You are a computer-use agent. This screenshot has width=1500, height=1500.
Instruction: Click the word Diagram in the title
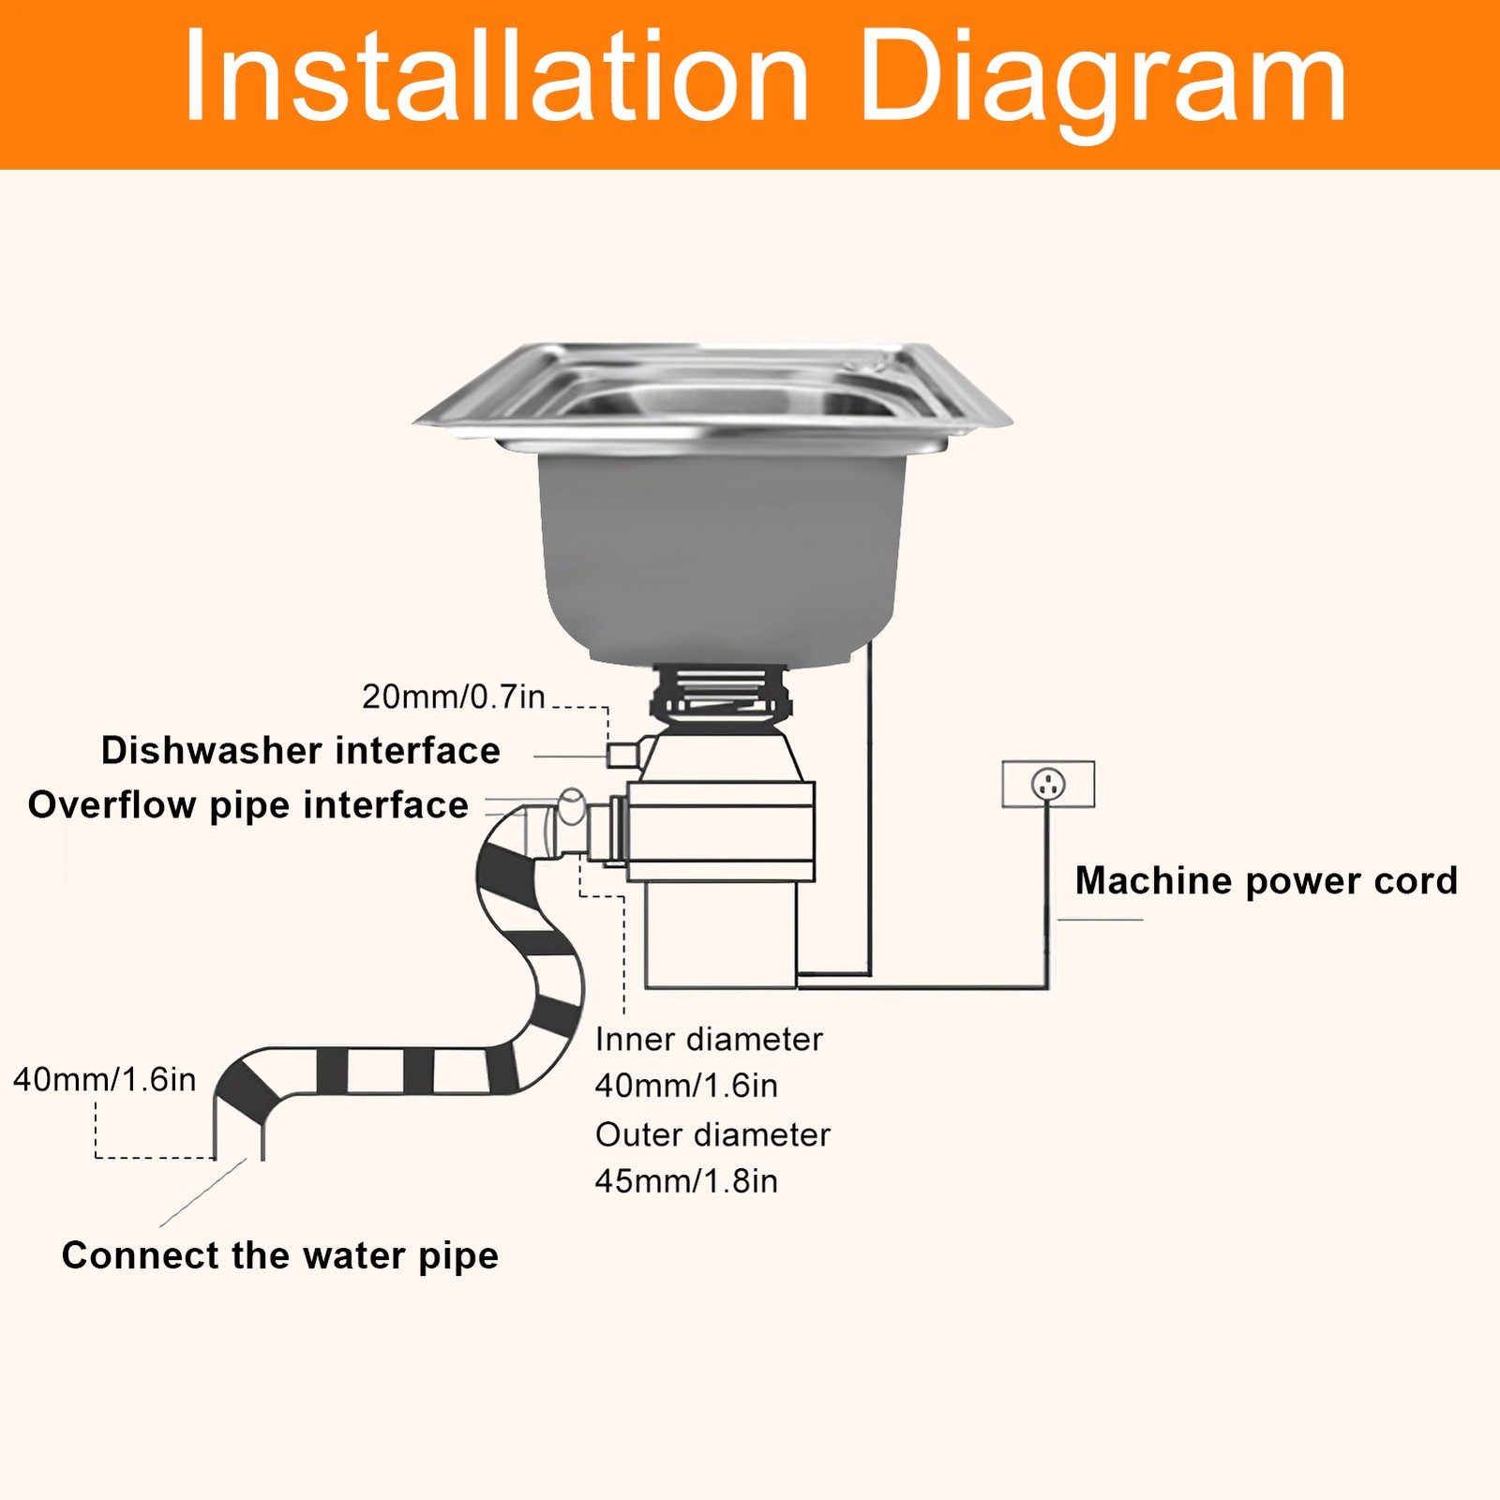pos(1102,80)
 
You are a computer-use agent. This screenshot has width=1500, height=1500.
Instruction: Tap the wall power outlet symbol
pos(1048,784)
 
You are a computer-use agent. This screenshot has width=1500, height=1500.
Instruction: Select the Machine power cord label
pos(1266,881)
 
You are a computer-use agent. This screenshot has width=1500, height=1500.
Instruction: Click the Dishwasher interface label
pos(301,751)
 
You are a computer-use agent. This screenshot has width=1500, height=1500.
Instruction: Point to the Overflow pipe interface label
pos(248,805)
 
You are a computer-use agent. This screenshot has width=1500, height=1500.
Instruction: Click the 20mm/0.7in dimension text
pos(454,697)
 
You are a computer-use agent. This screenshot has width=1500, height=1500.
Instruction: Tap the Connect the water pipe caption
pos(279,1255)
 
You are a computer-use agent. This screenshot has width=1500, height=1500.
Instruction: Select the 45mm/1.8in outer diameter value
pos(686,1181)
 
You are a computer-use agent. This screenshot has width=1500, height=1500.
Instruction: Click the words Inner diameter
pos(709,1039)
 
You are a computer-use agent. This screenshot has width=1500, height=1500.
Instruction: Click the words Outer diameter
pos(712,1134)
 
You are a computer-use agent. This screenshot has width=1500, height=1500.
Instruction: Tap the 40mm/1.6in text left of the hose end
pos(105,1080)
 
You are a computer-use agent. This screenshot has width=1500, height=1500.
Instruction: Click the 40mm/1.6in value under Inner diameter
pos(686,1086)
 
